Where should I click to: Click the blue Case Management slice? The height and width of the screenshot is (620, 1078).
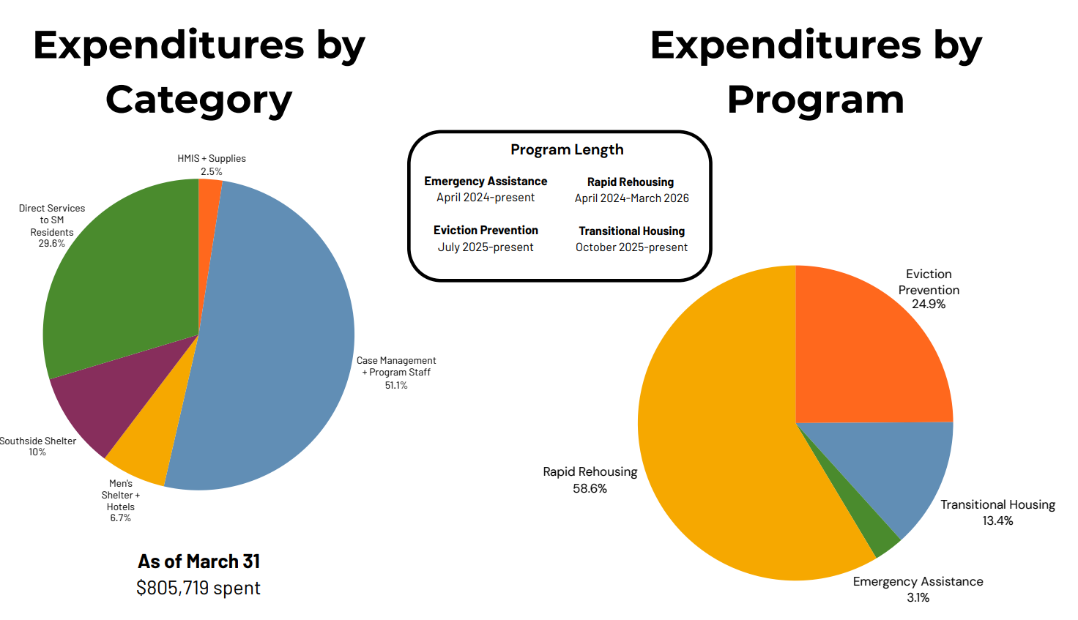coord(275,337)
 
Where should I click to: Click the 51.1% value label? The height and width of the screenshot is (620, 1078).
coord(396,385)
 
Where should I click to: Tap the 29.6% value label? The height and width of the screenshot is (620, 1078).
coord(51,243)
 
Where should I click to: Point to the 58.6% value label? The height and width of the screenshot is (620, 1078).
coord(590,489)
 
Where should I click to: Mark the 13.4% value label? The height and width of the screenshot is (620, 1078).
coord(997,521)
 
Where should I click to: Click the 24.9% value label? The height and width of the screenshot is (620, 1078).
coord(929,304)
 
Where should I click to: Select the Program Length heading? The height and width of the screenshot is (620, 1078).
coord(567,149)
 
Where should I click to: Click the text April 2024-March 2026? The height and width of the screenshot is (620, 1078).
coord(631,198)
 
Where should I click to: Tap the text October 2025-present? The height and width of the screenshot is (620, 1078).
coord(631,247)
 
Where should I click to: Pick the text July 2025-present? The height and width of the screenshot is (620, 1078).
coord(486,247)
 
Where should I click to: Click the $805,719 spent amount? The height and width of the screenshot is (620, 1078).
coord(198,588)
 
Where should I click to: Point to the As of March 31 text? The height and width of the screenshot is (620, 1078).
coord(198,561)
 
